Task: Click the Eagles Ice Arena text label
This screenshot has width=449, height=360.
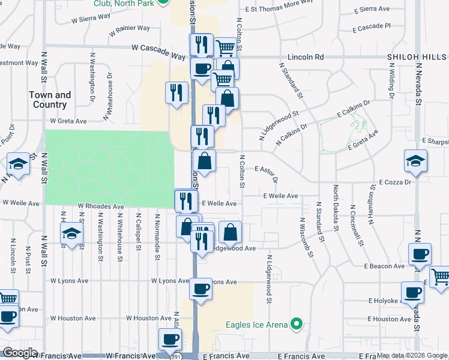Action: pyautogui.click(x=256, y=326)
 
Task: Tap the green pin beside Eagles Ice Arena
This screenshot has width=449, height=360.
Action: pyautogui.click(x=296, y=325)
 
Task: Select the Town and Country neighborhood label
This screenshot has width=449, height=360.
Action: pyautogui.click(x=50, y=100)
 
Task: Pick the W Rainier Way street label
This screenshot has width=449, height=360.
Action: pyautogui.click(x=130, y=29)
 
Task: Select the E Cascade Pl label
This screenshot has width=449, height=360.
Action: pyautogui.click(x=372, y=27)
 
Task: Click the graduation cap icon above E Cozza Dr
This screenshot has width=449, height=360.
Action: pyautogui.click(x=416, y=162)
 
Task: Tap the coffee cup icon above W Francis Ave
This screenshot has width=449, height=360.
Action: pyautogui.click(x=170, y=340)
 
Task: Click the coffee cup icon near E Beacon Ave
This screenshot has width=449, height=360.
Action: pyautogui.click(x=420, y=254)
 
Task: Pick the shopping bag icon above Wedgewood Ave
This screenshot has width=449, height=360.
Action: pyautogui.click(x=231, y=232)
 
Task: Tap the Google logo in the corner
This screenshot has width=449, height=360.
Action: pyautogui.click(x=20, y=353)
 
